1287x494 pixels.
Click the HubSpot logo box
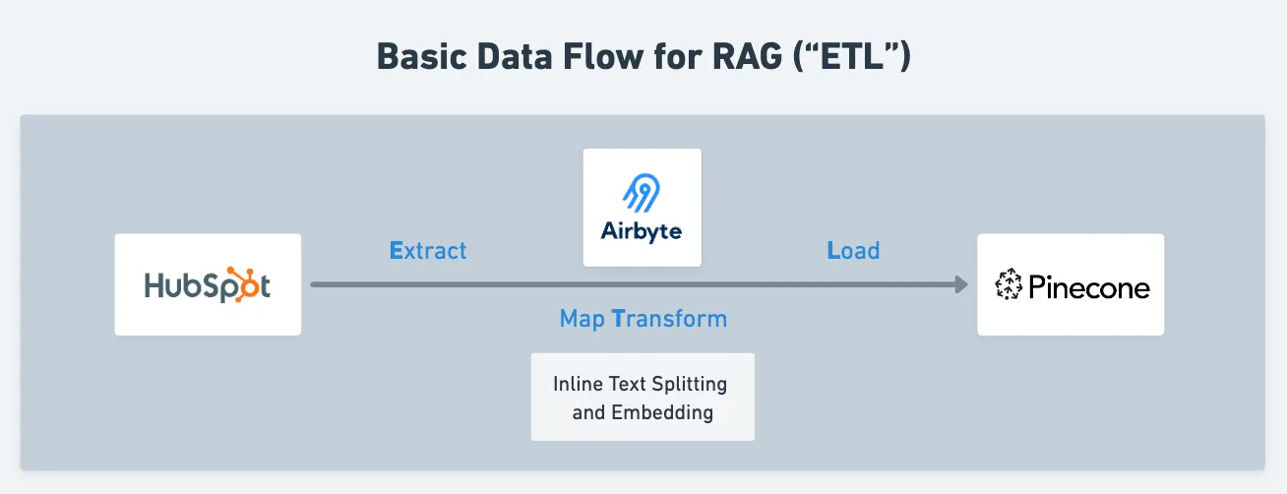[x=208, y=284]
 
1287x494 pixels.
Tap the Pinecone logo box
[x=1071, y=284]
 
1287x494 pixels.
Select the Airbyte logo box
[x=642, y=208]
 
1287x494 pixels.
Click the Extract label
[x=428, y=250]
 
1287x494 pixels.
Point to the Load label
[x=853, y=250]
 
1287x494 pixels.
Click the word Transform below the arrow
[x=669, y=319]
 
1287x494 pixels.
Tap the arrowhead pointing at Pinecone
[x=960, y=284]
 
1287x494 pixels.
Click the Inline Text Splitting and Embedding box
[x=643, y=397]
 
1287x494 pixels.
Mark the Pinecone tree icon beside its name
[x=1009, y=285]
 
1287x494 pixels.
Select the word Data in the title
[x=518, y=57]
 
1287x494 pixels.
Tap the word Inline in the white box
[x=576, y=383]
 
